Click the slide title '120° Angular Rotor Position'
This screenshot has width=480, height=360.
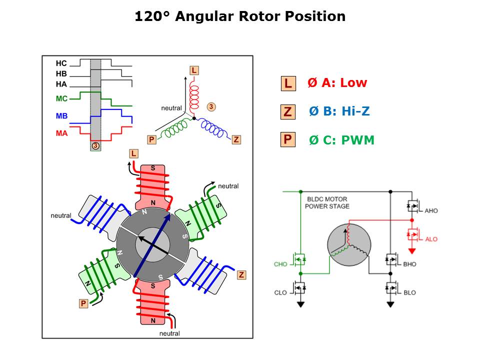click(240, 16)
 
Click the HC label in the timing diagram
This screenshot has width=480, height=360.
click(61, 63)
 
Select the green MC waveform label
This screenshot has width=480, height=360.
click(61, 98)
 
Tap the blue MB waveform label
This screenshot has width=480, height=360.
click(61, 116)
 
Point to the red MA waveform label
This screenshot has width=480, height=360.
click(61, 133)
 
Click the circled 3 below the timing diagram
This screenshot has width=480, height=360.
click(95, 145)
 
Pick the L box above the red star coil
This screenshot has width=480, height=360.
click(193, 70)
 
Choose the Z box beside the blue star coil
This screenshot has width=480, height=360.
click(236, 139)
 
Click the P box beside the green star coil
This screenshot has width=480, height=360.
click(151, 139)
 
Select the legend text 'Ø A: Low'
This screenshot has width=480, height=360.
click(337, 83)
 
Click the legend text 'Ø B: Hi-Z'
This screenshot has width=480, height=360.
click(339, 111)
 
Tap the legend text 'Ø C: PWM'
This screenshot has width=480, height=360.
click(341, 140)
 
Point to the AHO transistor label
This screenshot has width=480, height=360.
click(431, 211)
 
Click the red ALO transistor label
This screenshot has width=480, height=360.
click(431, 239)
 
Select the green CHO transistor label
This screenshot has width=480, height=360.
click(280, 264)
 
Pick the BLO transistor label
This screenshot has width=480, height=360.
click(409, 292)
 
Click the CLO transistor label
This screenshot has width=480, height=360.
click(280, 292)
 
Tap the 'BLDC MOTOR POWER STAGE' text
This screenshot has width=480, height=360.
click(327, 202)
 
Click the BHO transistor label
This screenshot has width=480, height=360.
click(410, 264)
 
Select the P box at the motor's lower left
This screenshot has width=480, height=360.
click(83, 303)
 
